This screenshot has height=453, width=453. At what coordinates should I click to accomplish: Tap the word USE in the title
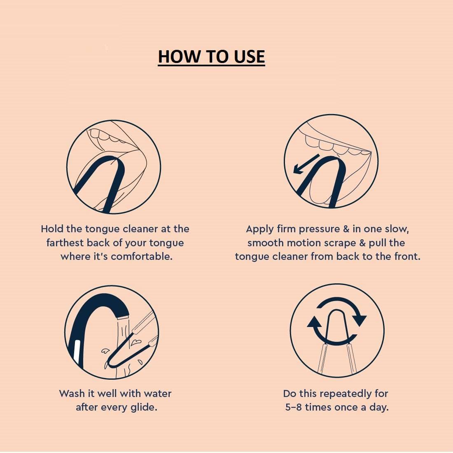(249, 56)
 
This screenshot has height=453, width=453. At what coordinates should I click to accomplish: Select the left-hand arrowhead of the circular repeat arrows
(314, 322)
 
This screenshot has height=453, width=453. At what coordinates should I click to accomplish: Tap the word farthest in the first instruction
(65, 243)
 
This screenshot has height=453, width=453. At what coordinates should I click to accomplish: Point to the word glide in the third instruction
(144, 408)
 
